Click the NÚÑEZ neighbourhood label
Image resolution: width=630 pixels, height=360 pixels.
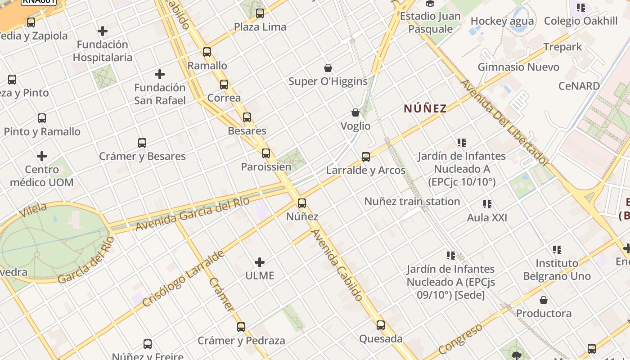click(425, 108)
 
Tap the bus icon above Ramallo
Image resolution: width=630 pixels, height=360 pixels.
click(207, 52)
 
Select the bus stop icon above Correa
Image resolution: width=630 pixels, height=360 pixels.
click(224, 84)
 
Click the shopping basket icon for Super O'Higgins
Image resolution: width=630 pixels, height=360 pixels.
click(328, 68)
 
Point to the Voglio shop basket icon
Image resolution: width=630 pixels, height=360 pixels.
click(355, 112)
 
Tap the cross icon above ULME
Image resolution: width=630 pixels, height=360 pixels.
click(260, 262)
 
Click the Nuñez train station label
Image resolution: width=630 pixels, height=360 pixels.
click(412, 201)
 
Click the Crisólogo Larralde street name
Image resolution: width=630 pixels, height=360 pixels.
click(183, 279)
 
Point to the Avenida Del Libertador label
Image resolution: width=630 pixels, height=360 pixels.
click(504, 122)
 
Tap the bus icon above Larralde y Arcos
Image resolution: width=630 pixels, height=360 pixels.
click(366, 157)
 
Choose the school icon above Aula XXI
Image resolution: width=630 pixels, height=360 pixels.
click(487, 204)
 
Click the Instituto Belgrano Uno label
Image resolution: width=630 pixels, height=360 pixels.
click(557, 269)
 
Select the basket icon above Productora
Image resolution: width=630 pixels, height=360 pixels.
click(544, 300)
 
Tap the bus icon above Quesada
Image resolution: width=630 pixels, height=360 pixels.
click(381, 325)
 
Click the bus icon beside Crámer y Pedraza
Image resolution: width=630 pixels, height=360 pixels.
click(241, 327)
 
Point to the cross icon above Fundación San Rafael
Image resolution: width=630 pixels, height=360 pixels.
click(159, 74)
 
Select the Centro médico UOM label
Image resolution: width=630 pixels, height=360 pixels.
click(41, 176)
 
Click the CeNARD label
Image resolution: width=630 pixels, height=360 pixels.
click(579, 86)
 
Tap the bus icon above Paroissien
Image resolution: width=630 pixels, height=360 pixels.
click(266, 153)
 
